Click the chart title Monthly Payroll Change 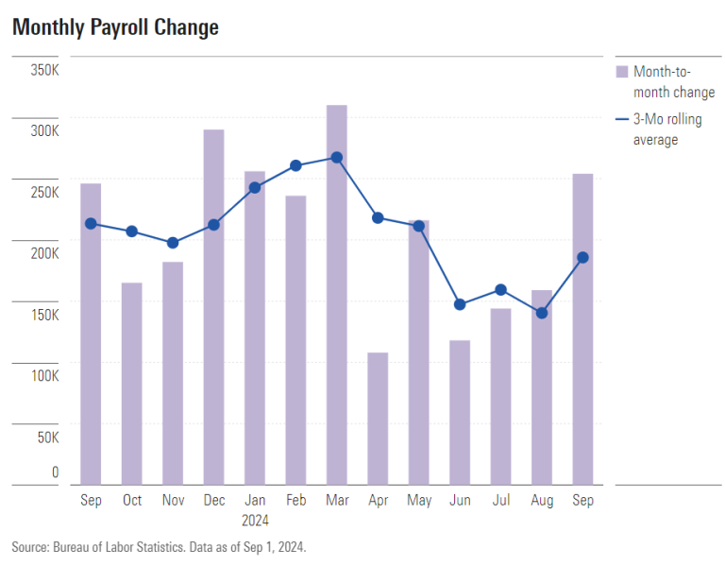point(115,28)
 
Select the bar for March point(337,295)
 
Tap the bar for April point(378,419)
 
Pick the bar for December point(213,307)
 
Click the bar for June point(460,413)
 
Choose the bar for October point(132,384)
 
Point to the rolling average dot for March point(337,158)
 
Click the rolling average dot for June point(460,304)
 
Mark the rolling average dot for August point(542,313)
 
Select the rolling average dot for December point(213,225)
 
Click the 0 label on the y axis point(55,472)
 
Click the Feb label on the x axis point(295,501)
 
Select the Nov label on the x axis point(173,501)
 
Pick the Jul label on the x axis point(500,501)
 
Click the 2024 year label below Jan point(255,521)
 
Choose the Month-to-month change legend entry point(672,82)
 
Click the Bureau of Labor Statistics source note point(159,547)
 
